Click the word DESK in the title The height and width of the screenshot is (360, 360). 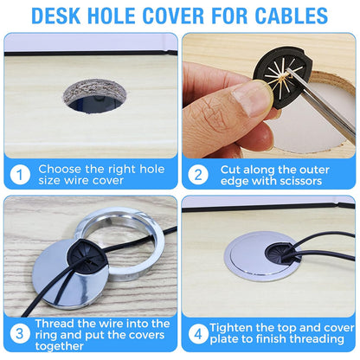coord(58,16)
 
